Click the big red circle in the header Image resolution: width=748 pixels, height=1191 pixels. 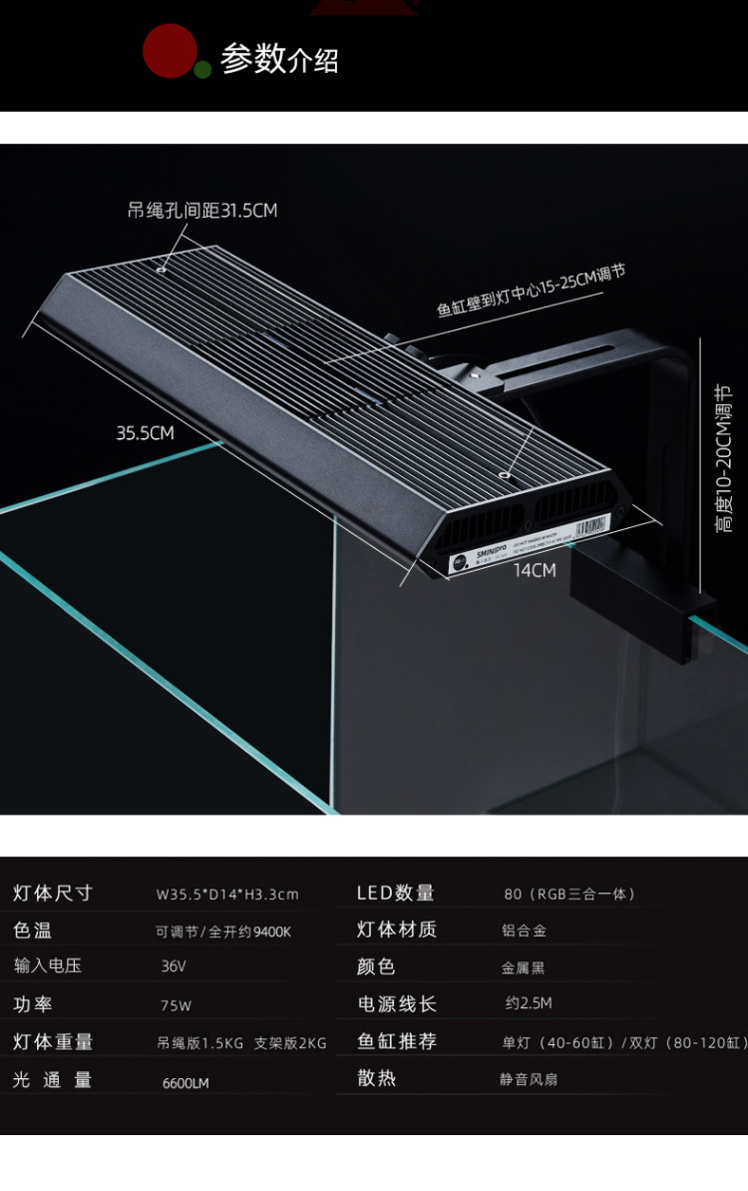[x=170, y=51]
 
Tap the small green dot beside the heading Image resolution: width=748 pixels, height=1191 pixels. [x=202, y=69]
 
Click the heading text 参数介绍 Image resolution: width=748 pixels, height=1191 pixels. [x=279, y=59]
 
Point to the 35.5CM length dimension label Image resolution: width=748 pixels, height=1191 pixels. [x=145, y=432]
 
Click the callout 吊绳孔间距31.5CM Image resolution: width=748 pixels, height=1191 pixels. [x=202, y=210]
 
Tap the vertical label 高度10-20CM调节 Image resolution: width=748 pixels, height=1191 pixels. [x=725, y=458]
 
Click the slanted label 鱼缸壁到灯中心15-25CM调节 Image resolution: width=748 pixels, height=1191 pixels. [x=531, y=289]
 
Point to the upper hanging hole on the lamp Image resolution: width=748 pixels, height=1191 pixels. [x=162, y=267]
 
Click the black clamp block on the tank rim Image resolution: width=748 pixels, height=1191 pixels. [x=643, y=611]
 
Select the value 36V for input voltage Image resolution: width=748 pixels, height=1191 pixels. [x=174, y=966]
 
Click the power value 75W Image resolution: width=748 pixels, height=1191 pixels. [x=177, y=1005]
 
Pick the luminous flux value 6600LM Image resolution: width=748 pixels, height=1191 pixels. [x=186, y=1082]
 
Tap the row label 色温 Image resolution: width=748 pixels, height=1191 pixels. [x=32, y=930]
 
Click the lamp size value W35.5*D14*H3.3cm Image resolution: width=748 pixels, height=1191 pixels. [x=227, y=893]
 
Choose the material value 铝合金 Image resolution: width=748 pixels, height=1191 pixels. [x=525, y=930]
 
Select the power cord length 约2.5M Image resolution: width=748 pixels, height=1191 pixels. [x=529, y=1003]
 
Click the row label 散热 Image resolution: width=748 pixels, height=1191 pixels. [x=377, y=1078]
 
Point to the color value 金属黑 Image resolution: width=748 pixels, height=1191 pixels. [x=524, y=967]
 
